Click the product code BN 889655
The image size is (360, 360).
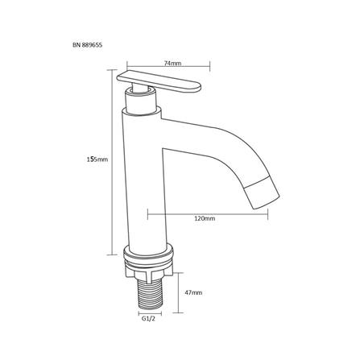point(87,45)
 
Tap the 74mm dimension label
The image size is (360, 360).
point(172,64)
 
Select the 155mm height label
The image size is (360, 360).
point(97,159)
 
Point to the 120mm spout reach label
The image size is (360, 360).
point(205,218)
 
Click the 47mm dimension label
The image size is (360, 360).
point(193,292)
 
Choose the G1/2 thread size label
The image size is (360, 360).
point(148,319)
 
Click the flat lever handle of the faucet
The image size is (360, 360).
point(159,81)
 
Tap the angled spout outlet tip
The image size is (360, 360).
point(263,194)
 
